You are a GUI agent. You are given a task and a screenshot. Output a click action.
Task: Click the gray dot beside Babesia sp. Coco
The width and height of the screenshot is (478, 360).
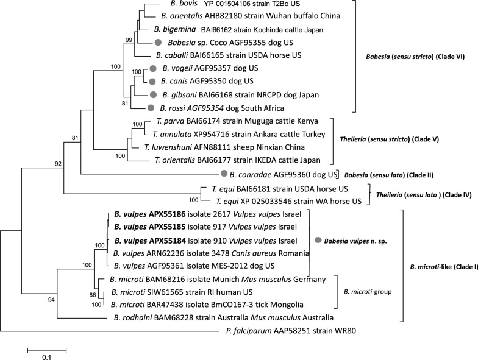click(159, 42)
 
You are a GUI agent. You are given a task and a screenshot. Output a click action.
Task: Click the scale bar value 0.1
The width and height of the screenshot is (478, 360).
click(46, 357)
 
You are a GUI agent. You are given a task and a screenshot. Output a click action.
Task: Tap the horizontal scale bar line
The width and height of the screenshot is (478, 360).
click(46, 348)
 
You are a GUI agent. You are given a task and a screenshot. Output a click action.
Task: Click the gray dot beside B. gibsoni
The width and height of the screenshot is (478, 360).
click(153, 94)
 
